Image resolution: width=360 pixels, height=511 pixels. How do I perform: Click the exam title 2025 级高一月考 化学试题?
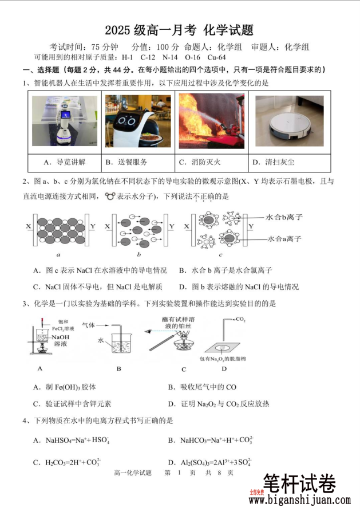coord(179,30)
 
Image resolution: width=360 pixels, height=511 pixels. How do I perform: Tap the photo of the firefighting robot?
coord(211,121)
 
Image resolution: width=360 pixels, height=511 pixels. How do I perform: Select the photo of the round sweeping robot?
coord(289,121)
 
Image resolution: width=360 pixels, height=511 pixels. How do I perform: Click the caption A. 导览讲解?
coord(65,162)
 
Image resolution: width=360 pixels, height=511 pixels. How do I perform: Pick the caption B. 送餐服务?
coord(126,162)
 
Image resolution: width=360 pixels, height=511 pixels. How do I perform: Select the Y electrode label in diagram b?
coord(172,226)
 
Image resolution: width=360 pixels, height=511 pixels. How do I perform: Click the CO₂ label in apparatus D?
coord(240,320)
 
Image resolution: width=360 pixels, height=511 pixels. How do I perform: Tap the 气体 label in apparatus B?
coord(89,324)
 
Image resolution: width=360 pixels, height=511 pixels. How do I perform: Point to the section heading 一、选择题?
coord(37,70)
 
